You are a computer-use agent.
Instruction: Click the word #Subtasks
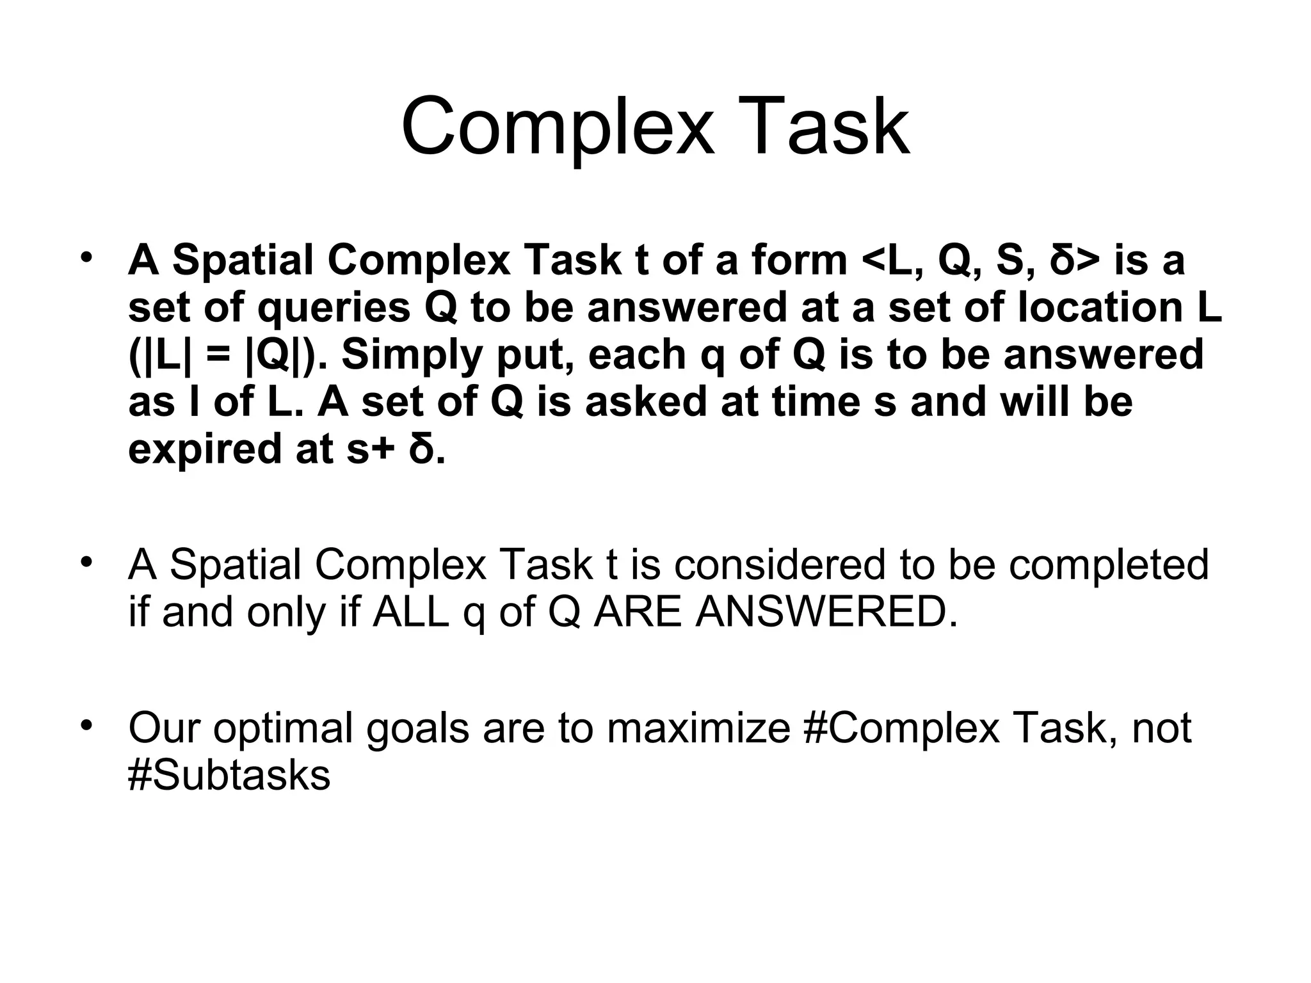(229, 776)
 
